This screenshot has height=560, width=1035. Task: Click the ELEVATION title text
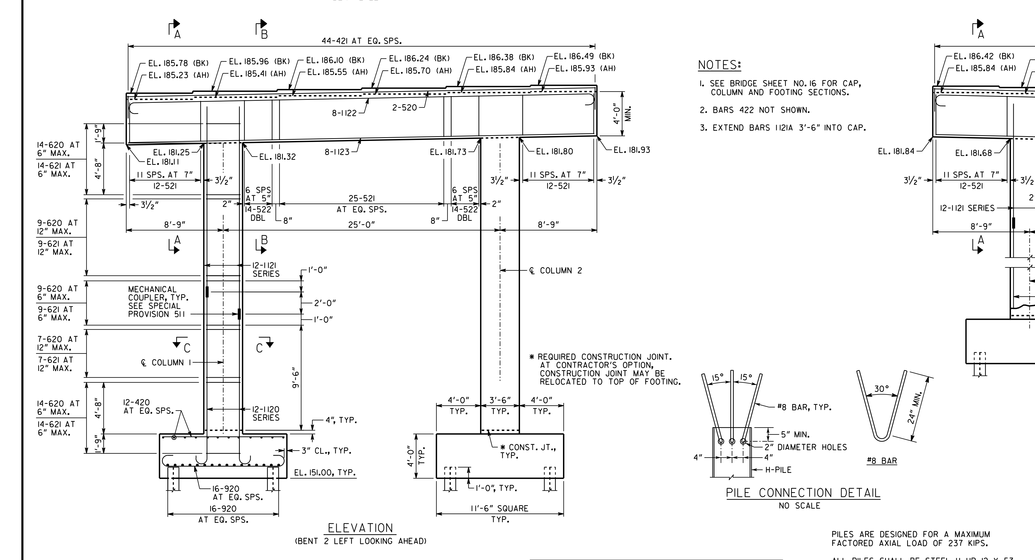point(361,528)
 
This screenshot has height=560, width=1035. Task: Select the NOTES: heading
point(719,65)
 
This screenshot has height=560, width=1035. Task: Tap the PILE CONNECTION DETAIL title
point(803,493)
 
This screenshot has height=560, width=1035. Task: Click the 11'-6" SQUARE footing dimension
point(500,509)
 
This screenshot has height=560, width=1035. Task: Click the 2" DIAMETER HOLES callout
point(806,447)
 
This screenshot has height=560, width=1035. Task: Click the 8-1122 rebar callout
point(344,113)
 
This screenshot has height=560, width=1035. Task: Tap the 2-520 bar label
point(405,107)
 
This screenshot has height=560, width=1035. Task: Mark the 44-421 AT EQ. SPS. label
point(362,41)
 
